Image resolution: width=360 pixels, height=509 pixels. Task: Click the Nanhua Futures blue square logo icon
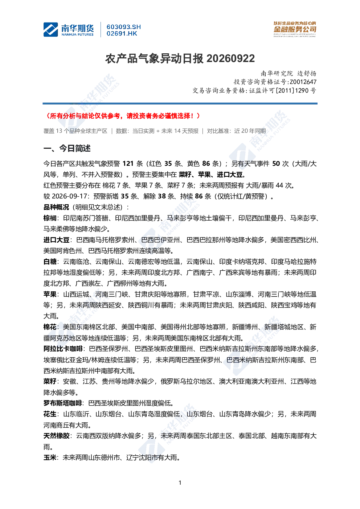click(x=50, y=29)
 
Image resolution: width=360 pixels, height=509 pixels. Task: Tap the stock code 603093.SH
click(x=124, y=27)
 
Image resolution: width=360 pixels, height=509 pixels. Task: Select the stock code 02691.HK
click(x=122, y=34)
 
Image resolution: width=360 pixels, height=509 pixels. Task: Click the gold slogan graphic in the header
click(x=295, y=29)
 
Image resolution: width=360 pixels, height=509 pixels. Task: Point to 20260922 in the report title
click(x=231, y=59)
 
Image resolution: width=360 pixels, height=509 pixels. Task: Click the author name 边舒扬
click(x=307, y=73)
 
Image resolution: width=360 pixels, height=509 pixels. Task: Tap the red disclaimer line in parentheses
click(x=123, y=116)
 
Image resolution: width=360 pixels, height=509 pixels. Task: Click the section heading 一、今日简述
click(x=67, y=148)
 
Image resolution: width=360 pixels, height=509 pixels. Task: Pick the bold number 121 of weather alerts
click(x=128, y=164)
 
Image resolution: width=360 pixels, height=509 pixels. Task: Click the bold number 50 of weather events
click(x=276, y=164)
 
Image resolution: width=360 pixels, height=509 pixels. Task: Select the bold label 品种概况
click(x=56, y=207)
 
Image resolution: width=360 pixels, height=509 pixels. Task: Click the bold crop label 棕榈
click(x=50, y=218)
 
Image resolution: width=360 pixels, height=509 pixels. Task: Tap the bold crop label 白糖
click(x=50, y=262)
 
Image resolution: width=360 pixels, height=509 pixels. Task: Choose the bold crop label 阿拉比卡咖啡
click(x=63, y=349)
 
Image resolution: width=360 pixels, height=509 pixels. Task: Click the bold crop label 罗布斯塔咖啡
click(x=63, y=403)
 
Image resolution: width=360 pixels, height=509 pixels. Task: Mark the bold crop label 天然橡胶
click(x=56, y=436)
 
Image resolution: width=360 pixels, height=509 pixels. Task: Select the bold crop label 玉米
click(x=50, y=457)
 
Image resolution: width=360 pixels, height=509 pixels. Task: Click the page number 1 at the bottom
click(x=180, y=483)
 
